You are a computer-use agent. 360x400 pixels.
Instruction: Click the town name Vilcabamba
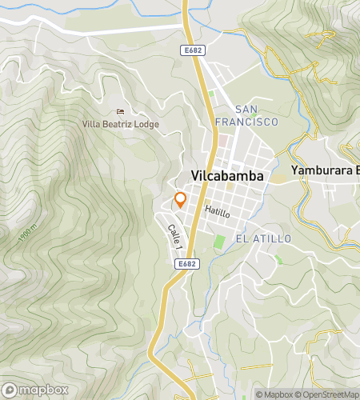(228, 177)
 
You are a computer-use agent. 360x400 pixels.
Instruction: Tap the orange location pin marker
(181, 200)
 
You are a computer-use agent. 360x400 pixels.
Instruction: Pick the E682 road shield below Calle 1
(186, 262)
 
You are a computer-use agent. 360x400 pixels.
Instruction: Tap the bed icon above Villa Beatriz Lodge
(121, 111)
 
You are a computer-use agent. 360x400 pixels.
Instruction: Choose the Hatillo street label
(217, 213)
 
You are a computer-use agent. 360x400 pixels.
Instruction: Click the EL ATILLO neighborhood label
(263, 239)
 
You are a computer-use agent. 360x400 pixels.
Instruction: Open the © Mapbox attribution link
(274, 394)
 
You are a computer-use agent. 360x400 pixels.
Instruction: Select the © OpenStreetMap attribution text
(328, 394)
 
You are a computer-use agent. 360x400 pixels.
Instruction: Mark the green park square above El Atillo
(220, 241)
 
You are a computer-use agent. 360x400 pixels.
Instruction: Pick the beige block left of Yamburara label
(276, 178)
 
